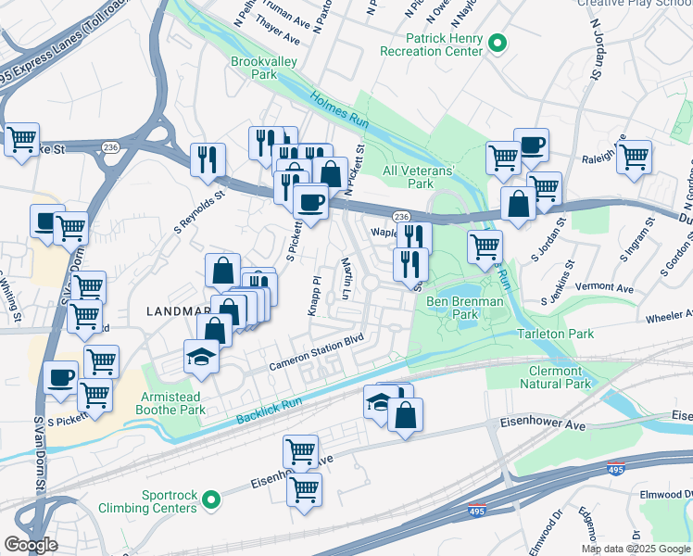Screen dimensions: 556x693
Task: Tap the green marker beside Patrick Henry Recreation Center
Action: pyautogui.click(x=498, y=43)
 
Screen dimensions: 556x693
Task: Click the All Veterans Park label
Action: pyautogui.click(x=421, y=177)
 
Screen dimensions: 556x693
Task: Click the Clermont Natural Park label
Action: pyautogui.click(x=554, y=376)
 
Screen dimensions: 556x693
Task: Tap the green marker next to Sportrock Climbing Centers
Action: pyautogui.click(x=212, y=501)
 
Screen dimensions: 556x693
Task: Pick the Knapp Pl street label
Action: pyautogui.click(x=315, y=293)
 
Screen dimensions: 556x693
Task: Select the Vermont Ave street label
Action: pyautogui.click(x=603, y=287)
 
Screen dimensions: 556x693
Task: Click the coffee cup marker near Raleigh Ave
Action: pyautogui.click(x=531, y=145)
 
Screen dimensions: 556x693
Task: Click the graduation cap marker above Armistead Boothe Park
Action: pyautogui.click(x=200, y=357)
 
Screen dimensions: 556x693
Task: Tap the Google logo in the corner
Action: pyautogui.click(x=31, y=544)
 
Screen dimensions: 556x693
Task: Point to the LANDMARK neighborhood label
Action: pyautogui.click(x=179, y=312)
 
